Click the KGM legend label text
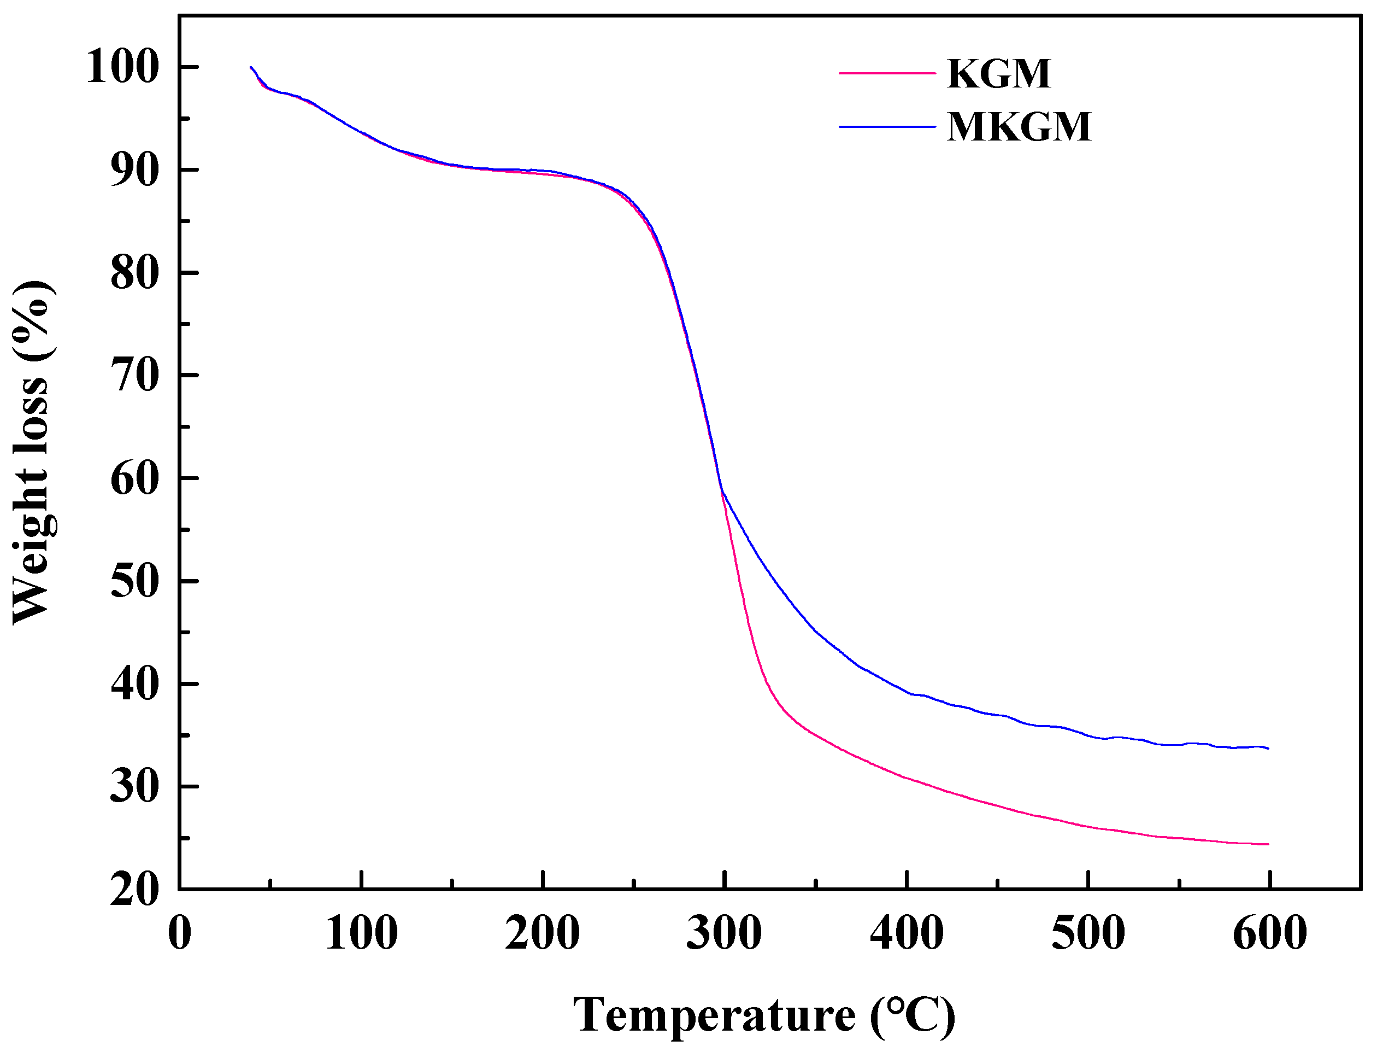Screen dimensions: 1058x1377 click(998, 74)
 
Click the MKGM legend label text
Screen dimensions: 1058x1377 click(1019, 127)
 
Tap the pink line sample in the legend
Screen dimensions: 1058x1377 click(887, 74)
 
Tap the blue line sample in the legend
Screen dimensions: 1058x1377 click(887, 127)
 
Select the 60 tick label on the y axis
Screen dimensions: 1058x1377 click(133, 478)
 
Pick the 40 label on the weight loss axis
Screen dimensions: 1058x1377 click(133, 685)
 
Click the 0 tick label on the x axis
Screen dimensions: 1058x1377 click(179, 933)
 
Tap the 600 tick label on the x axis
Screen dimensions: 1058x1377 click(1269, 933)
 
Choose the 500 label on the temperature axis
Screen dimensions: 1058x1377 click(1087, 933)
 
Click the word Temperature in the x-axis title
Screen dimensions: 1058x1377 click(714, 1015)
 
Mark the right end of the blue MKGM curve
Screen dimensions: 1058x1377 click(1268, 748)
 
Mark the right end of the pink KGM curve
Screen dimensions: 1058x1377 click(1268, 844)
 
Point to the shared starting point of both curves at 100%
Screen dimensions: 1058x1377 click(251, 67)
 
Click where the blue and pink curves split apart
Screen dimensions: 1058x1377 click(722, 490)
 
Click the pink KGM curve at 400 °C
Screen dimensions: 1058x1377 click(907, 779)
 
